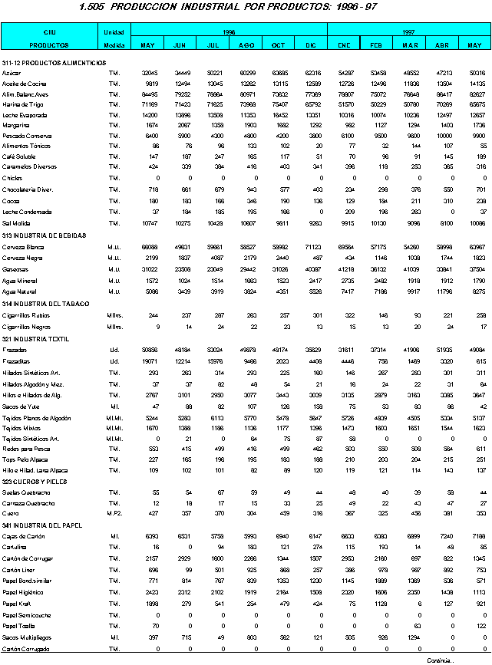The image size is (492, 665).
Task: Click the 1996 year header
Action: pyautogui.click(x=229, y=33)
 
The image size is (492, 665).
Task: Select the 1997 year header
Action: pyautogui.click(x=409, y=33)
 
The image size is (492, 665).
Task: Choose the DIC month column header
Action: pyautogui.click(x=311, y=45)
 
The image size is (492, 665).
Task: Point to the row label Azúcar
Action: pyautogui.click(x=11, y=72)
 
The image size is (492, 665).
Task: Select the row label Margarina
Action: pyautogui.click(x=16, y=124)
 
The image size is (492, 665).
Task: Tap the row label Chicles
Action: pyautogui.click(x=12, y=177)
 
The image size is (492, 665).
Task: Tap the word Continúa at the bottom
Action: pyautogui.click(x=441, y=660)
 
